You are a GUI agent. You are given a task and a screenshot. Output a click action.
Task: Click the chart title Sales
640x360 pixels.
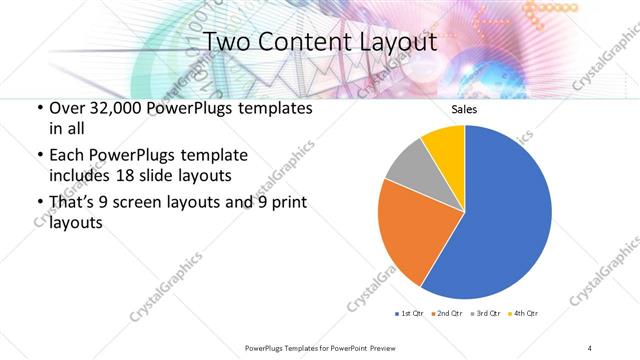click(x=465, y=110)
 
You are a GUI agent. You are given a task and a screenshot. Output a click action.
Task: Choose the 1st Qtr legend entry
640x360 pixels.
click(x=410, y=314)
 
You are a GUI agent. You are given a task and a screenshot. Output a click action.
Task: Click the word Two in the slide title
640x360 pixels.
click(x=229, y=43)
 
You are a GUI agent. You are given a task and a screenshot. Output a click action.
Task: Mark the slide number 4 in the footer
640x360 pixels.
click(x=590, y=347)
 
